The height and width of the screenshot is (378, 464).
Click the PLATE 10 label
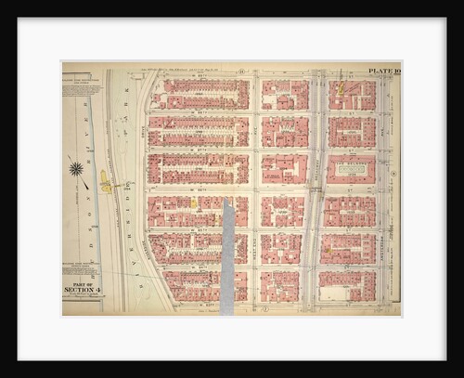coord(382,71)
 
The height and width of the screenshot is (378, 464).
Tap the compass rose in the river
coord(75,169)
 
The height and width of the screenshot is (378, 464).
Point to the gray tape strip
coord(227,254)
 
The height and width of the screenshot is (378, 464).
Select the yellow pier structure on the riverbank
coord(106,185)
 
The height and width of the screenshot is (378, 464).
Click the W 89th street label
coord(198,76)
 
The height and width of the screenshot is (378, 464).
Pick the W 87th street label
coord(198,150)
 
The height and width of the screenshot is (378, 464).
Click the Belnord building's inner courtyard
coord(351,168)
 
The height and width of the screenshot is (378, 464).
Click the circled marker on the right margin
coord(393,173)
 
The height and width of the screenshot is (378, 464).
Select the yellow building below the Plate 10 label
coord(342,89)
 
